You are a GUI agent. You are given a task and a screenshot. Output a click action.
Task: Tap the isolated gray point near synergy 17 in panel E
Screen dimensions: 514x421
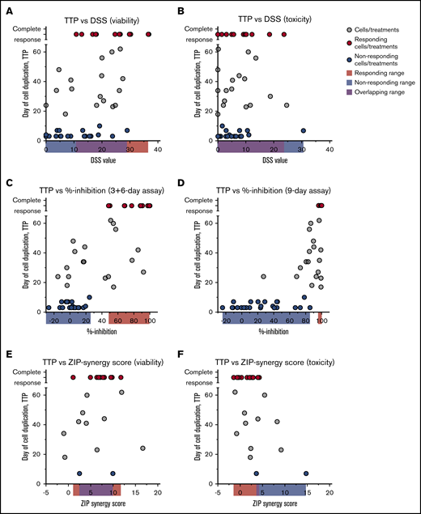(142, 448)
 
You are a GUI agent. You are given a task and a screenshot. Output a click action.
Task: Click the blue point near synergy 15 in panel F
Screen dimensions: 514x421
(306, 474)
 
